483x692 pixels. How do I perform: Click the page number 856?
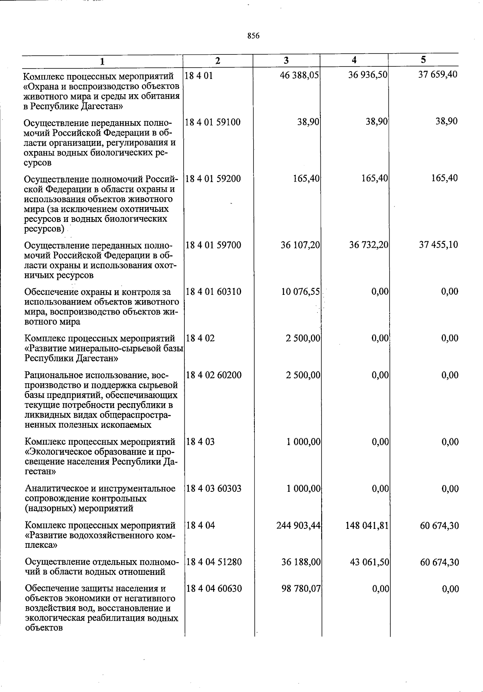tap(253, 36)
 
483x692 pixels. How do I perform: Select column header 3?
tap(286, 60)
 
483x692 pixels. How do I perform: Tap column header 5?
tap(423, 60)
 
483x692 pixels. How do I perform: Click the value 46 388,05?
tap(299, 75)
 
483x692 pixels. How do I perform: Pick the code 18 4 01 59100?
tap(213, 122)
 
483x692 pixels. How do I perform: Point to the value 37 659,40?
tap(438, 75)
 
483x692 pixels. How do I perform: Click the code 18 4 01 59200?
tap(213, 178)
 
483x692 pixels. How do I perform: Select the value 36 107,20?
tap(300, 245)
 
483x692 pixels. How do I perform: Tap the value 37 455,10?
tap(438, 244)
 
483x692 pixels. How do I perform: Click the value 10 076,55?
tap(301, 292)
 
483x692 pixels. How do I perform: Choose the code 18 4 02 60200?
tap(214, 375)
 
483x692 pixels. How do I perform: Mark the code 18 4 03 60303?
tap(214, 489)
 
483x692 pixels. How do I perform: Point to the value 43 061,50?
tap(369, 562)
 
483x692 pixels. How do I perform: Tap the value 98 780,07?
tap(301, 589)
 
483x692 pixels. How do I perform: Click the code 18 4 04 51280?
tap(214, 562)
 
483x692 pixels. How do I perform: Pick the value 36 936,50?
tap(368, 75)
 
